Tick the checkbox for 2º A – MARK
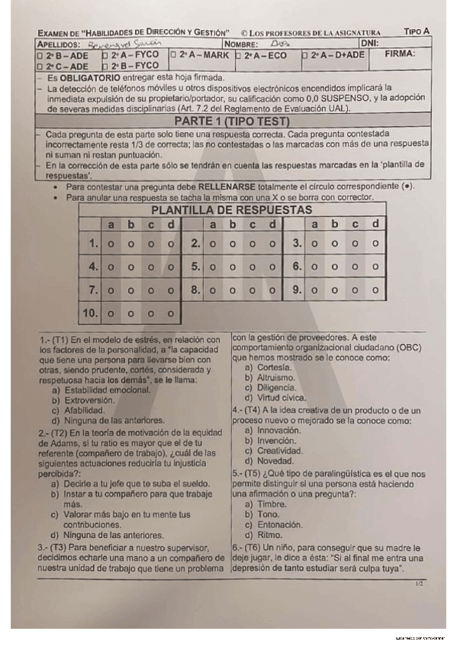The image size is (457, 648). click(174, 55)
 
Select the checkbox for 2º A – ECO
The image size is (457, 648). click(239, 55)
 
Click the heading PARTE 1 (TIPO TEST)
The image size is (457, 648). click(231, 122)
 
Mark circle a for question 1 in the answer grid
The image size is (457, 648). click(111, 245)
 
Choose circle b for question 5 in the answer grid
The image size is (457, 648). click(232, 267)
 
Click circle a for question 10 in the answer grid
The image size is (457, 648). click(111, 313)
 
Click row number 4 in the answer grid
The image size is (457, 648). click(92, 267)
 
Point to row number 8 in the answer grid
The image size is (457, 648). click(195, 290)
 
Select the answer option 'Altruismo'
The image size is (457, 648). click(276, 377)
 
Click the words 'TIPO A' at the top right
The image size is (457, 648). click(417, 31)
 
